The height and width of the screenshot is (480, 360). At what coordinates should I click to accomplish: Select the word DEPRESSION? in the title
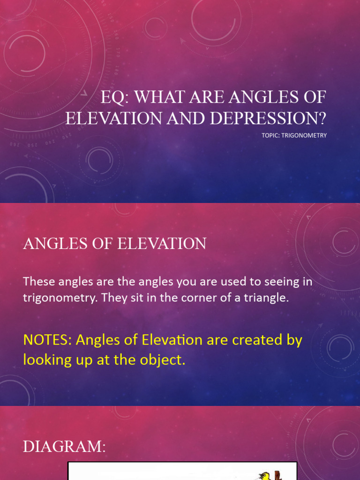point(268,118)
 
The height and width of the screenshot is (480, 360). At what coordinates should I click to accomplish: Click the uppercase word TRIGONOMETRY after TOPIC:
point(306,135)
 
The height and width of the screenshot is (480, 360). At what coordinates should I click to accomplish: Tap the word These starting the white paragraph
point(39,282)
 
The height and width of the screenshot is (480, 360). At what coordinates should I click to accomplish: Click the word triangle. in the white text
point(265,298)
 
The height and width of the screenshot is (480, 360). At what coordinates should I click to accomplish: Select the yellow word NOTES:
point(46,340)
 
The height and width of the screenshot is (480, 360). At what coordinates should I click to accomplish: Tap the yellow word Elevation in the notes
point(164,340)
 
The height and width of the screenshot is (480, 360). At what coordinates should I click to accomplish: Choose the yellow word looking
point(47,360)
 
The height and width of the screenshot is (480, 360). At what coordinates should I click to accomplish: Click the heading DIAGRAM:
point(65,447)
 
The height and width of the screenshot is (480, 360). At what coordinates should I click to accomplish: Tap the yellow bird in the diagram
point(265,476)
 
